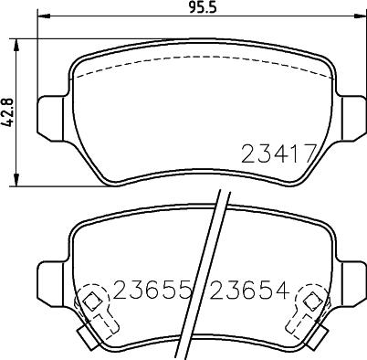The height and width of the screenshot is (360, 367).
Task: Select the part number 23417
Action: click(278, 154)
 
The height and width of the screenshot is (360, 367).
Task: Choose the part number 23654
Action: click(249, 291)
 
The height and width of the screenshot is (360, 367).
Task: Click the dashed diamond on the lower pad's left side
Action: click(91, 301)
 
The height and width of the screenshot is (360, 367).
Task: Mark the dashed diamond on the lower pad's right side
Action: click(311, 301)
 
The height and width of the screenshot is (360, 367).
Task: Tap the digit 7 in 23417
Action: click(311, 154)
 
